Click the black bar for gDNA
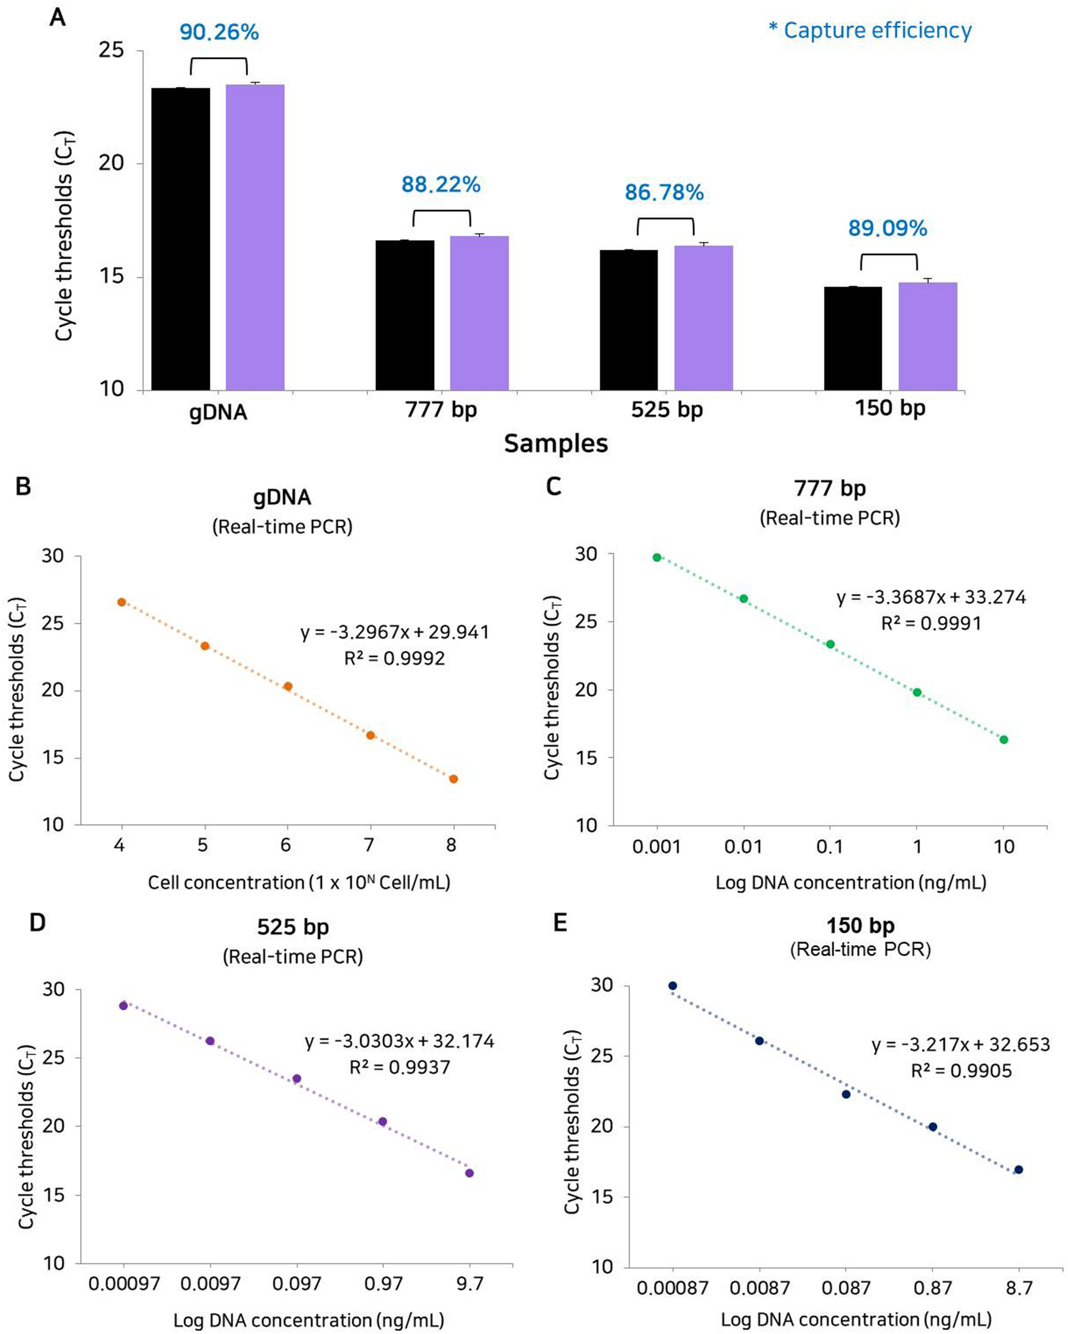pos(181,239)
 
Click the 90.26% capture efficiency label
pos(219,32)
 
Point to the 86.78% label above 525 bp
pos(664,193)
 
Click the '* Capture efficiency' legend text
pos(870,30)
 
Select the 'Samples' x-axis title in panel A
pos(556,443)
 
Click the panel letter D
pos(38,923)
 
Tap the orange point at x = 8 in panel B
pos(454,779)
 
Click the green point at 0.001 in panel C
pos(657,558)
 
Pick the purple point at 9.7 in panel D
pos(470,1173)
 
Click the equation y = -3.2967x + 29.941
pos(395,632)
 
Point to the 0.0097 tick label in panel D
pos(210,1284)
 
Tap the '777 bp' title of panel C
pos(830,488)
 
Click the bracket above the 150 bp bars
pos(889,256)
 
